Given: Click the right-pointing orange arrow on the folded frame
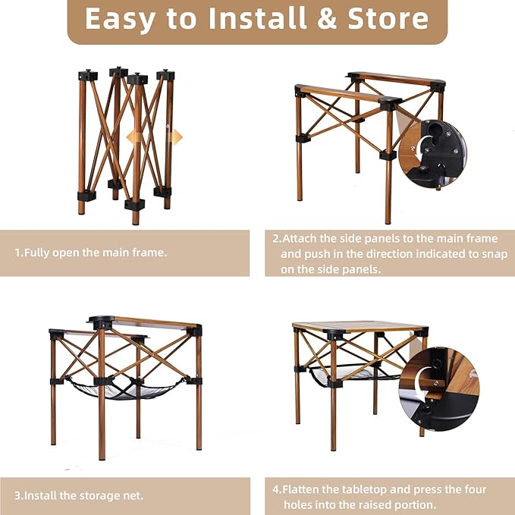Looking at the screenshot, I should click(x=176, y=137).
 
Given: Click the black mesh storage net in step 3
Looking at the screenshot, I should click(x=125, y=389).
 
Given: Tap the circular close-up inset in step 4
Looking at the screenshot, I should click(x=440, y=387).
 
